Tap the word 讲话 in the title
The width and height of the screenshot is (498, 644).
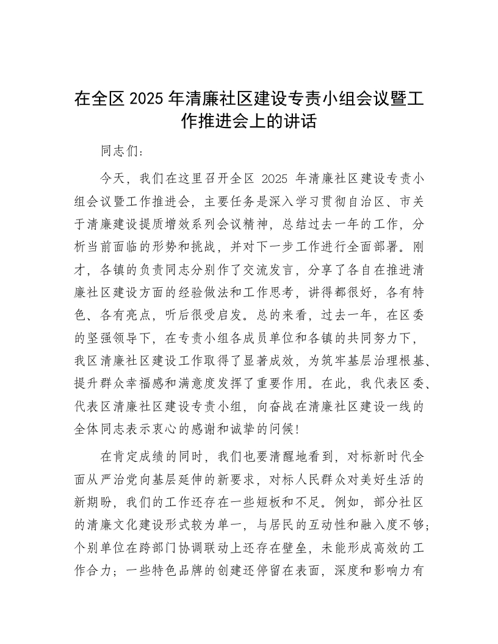pyautogui.click(x=302, y=121)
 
